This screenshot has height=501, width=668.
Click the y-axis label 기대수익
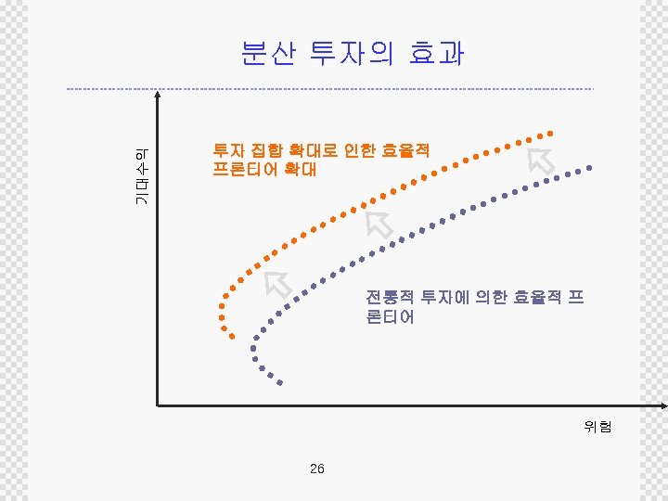140,177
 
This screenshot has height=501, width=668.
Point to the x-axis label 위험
597,428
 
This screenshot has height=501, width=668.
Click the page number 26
317,469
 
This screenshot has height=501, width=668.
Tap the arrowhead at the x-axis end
662,405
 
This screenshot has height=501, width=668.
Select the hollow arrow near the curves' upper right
541,159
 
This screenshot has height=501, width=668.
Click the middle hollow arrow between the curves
379,225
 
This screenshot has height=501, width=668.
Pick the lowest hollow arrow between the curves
277,282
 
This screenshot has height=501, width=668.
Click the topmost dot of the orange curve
554,132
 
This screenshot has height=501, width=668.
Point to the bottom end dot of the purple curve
279,383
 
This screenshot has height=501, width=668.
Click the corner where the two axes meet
159,405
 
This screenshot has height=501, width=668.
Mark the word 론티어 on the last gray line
390,317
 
